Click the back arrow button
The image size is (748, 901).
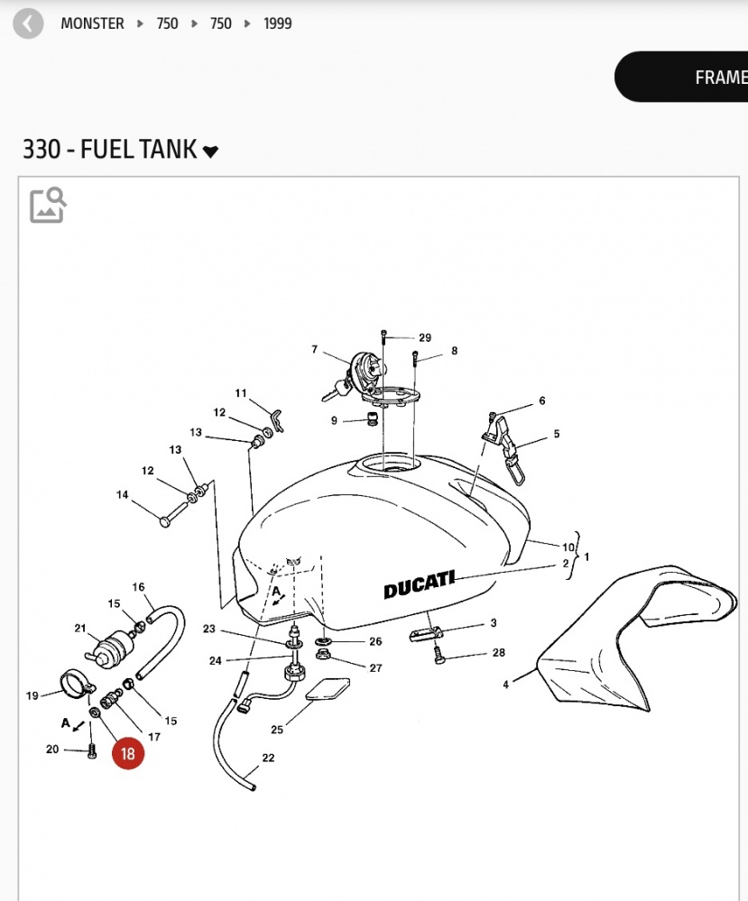click(29, 23)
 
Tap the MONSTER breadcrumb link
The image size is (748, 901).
click(92, 23)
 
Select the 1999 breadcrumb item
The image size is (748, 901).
click(278, 23)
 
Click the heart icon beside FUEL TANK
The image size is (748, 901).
click(210, 152)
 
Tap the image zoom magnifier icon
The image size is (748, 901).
click(48, 205)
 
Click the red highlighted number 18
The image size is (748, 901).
click(127, 753)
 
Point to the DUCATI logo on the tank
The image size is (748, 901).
click(420, 584)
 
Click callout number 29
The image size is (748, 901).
click(425, 338)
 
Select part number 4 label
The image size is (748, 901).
click(506, 685)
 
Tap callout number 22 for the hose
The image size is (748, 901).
click(268, 758)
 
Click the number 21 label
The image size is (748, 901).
click(79, 629)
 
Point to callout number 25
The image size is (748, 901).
click(277, 729)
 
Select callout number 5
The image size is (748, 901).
click(557, 434)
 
